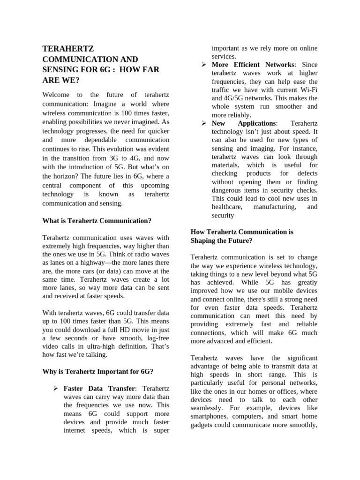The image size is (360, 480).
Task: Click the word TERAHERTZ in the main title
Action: [x=68, y=49]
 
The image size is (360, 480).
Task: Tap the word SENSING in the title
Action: [x=62, y=70]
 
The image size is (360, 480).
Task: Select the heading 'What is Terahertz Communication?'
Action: [x=97, y=220]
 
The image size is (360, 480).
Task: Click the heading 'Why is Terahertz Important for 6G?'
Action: [x=97, y=371]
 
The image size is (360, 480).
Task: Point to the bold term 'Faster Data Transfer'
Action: [x=100, y=389]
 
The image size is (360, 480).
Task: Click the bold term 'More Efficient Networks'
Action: [x=254, y=64]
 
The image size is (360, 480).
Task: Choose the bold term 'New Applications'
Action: [x=243, y=123]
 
